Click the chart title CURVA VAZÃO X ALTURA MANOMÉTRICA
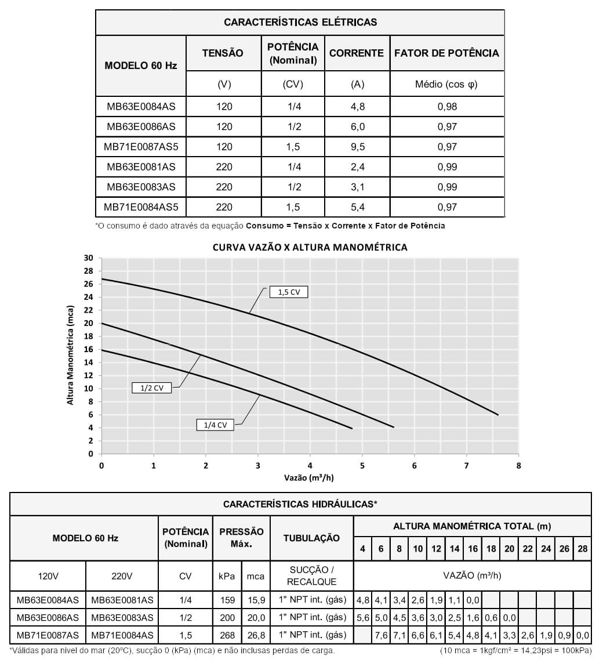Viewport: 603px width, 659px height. [310, 247]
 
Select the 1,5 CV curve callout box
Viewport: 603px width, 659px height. [288, 292]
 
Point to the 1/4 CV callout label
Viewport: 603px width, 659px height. [215, 425]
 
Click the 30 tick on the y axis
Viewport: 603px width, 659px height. [88, 258]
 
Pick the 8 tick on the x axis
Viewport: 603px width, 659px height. [518, 465]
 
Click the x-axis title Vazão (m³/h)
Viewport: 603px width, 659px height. [309, 478]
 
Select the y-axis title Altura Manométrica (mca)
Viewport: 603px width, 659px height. [71, 354]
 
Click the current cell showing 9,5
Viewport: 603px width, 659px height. [358, 147]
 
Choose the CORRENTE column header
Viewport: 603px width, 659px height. [357, 53]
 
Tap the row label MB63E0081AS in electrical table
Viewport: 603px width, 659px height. [141, 167]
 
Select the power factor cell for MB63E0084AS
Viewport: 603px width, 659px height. [447, 107]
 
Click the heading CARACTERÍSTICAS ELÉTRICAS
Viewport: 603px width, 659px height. [300, 23]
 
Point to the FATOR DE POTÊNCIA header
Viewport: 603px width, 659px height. [446, 53]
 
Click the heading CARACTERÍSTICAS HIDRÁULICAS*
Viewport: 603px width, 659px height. [300, 504]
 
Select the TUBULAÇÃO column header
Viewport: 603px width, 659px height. [311, 538]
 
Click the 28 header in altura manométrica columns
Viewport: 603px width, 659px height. [583, 549]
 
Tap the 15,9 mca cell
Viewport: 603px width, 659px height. [256, 600]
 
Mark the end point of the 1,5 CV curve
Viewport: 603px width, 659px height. [498, 415]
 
